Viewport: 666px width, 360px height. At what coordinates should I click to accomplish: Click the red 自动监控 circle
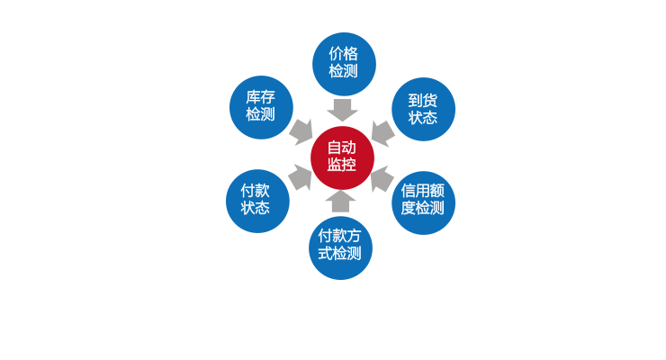(342, 157)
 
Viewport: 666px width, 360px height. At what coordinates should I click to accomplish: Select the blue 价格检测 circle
(344, 63)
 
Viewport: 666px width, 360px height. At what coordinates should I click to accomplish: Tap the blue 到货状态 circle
(423, 109)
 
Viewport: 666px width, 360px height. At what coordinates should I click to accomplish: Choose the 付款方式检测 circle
(340, 246)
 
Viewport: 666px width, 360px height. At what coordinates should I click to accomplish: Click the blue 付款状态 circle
(257, 200)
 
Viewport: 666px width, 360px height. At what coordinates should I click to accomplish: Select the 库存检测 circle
(261, 107)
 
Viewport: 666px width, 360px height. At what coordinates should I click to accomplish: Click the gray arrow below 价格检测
(342, 110)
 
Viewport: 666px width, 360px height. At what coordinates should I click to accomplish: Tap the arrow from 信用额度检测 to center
(382, 177)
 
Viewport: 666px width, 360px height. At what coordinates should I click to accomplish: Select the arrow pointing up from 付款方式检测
(341, 201)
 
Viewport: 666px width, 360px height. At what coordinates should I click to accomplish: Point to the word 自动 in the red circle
(342, 148)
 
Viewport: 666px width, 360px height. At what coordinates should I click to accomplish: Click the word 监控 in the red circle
(342, 166)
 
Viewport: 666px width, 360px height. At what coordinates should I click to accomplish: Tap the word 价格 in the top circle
(344, 54)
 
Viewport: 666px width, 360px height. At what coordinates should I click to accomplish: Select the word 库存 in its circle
(261, 97)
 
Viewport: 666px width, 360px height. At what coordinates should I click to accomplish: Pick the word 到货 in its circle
(423, 100)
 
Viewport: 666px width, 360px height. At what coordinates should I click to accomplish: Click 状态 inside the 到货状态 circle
(423, 118)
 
